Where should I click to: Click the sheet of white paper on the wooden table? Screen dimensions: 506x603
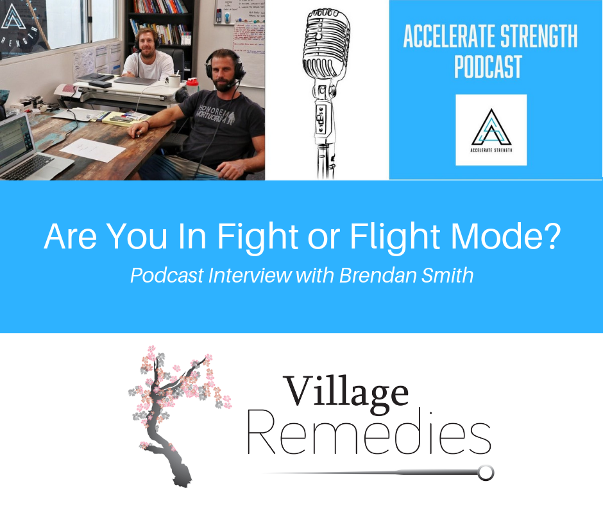tap(93, 150)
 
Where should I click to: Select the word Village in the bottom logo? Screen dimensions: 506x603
tap(346, 391)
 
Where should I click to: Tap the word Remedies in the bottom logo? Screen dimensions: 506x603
tap(369, 437)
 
